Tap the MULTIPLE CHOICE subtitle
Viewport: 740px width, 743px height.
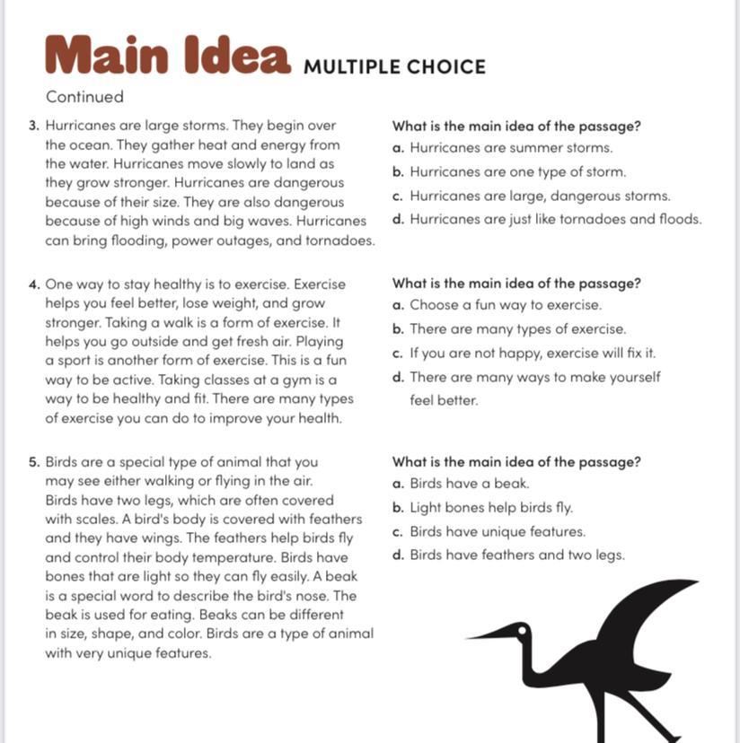394,67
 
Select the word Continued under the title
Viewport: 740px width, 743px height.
84,97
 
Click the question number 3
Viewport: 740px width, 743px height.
33,127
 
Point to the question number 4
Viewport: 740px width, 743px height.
33,284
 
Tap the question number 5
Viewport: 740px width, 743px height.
33,463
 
